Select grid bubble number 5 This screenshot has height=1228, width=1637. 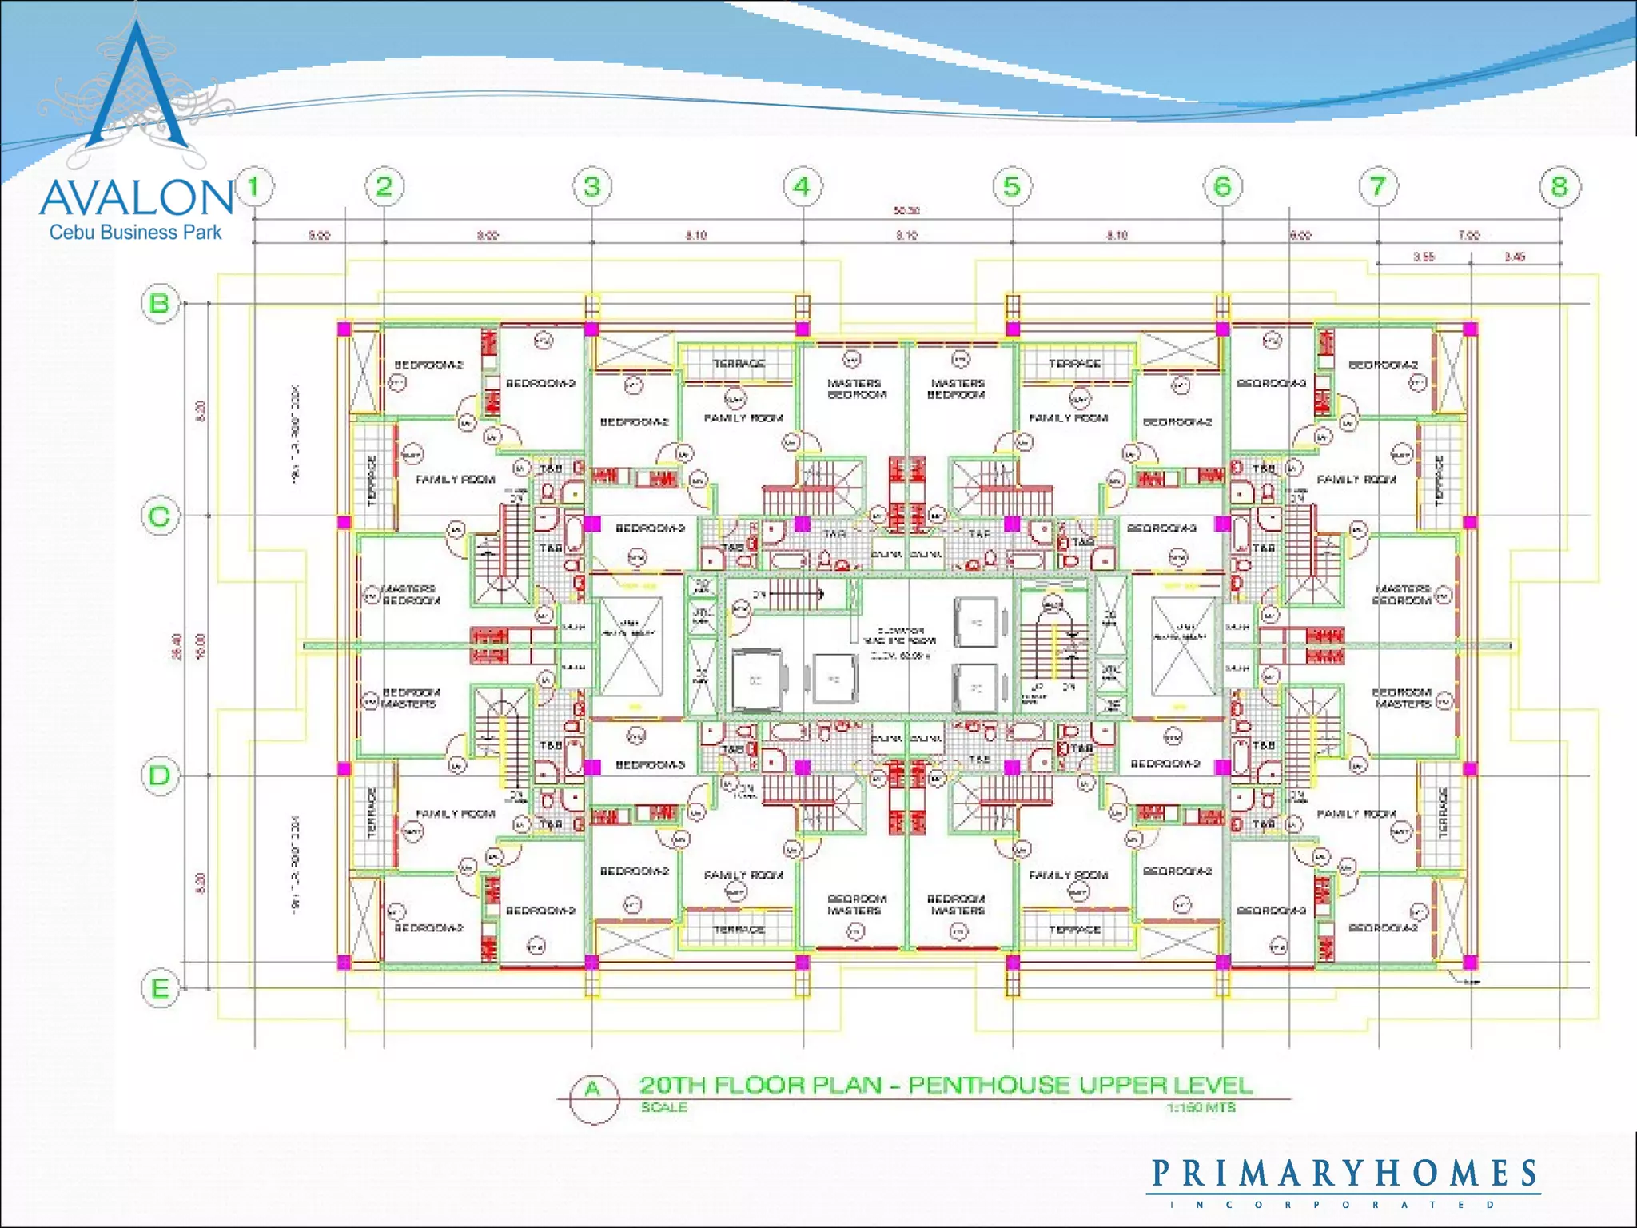1012,187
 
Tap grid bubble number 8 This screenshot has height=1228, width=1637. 1559,187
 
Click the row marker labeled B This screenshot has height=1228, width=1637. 160,304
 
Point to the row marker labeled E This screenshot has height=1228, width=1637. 160,988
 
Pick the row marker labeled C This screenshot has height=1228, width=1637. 160,516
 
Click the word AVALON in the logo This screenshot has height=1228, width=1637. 136,197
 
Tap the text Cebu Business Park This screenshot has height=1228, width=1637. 135,233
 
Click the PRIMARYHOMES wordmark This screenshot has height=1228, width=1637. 1344,1174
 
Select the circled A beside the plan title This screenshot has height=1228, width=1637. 593,1090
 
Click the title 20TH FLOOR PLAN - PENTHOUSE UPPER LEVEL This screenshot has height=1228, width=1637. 946,1086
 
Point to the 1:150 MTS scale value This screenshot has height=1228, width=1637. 1201,1107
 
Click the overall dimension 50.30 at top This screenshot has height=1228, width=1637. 906,211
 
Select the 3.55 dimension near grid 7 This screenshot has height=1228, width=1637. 1424,257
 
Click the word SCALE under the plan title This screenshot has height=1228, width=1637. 663,1107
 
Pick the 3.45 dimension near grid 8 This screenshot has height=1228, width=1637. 1515,257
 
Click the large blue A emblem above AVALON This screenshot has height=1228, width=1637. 137,88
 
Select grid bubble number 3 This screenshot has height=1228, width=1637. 591,187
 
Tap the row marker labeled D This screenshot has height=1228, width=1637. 160,775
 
